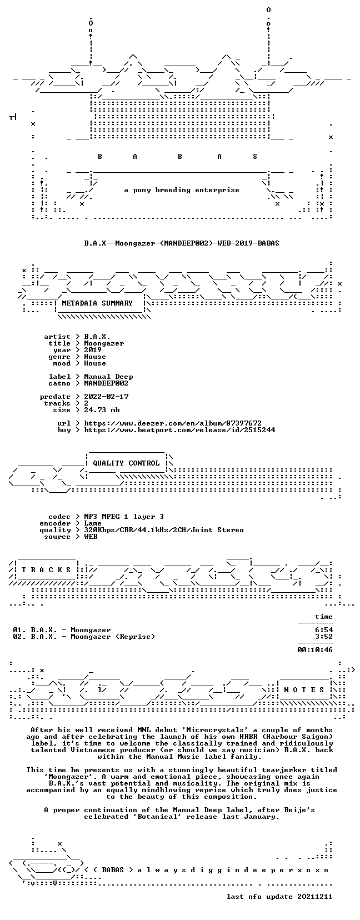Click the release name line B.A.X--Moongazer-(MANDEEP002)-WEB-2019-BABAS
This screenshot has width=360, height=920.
tap(182, 243)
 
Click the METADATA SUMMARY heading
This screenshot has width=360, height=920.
tap(97, 303)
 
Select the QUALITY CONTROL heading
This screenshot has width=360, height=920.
tap(126, 463)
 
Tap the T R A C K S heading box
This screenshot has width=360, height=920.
tap(46, 569)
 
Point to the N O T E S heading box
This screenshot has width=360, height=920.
tap(304, 689)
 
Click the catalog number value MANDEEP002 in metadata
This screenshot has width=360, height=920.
tap(106, 383)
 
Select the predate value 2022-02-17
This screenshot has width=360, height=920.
tap(106, 397)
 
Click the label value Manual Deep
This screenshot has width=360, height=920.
tap(108, 377)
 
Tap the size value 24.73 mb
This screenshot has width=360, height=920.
tap(102, 410)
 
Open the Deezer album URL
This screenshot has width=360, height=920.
tap(173, 423)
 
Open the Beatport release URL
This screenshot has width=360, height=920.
tap(179, 430)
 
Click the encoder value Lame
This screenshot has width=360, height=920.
tap(93, 523)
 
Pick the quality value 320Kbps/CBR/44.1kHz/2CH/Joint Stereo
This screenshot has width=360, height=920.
tap(164, 530)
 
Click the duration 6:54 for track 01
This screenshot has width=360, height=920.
tap(324, 630)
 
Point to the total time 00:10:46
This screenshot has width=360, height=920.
tap(315, 650)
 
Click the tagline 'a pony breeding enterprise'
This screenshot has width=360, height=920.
tap(182, 190)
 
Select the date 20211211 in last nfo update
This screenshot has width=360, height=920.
tap(315, 896)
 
